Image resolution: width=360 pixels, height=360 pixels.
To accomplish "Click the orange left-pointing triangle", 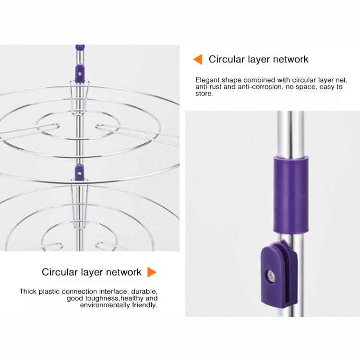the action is click(198, 59).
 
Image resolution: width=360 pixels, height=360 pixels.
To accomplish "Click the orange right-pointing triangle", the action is click(152, 272).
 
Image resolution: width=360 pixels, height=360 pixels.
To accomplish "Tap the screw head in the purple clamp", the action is click(271, 276).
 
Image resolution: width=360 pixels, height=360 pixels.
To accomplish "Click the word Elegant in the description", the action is click(207, 80).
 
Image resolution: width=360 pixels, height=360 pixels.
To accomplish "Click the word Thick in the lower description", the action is click(28, 291).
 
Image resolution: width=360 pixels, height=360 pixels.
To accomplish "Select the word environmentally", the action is click(105, 305).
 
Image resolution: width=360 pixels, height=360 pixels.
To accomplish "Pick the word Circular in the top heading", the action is click(227, 59).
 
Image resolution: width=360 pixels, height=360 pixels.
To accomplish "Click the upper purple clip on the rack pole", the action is click(80, 73).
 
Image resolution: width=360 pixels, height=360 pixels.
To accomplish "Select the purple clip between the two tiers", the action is click(79, 172).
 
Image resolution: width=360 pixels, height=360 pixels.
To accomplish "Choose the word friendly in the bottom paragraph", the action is click(144, 305).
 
